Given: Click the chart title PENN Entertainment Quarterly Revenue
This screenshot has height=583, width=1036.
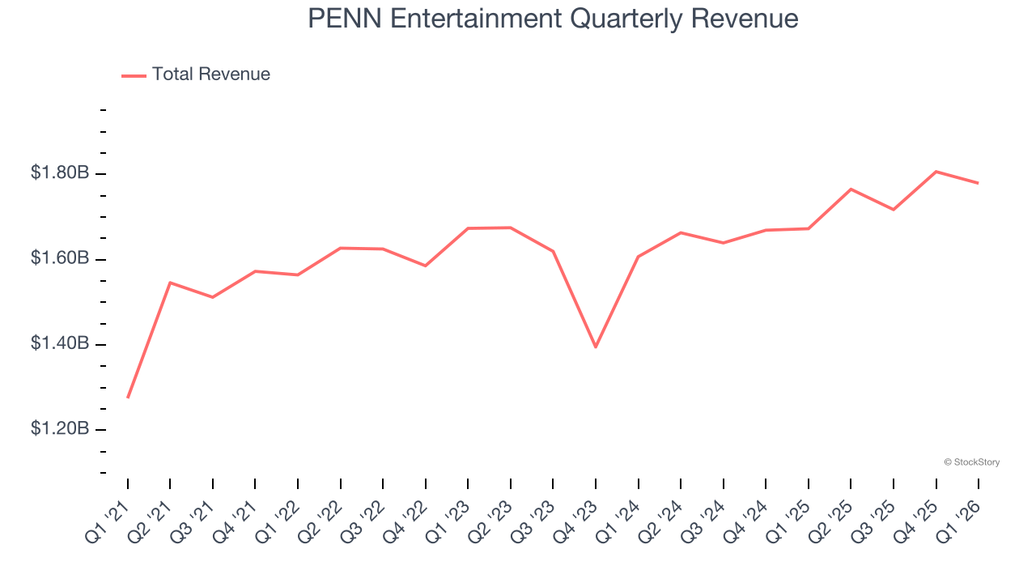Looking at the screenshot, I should (x=553, y=19).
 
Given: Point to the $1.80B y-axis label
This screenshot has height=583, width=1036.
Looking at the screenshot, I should (x=60, y=172).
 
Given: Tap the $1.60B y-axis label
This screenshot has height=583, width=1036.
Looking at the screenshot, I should (x=60, y=258).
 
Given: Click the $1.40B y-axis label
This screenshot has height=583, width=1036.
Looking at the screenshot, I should (x=60, y=343).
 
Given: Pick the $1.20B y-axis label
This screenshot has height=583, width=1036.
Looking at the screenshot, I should (x=60, y=428).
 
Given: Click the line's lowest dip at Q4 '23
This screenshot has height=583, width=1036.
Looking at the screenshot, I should (x=596, y=347).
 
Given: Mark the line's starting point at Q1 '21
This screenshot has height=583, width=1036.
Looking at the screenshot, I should (x=128, y=398).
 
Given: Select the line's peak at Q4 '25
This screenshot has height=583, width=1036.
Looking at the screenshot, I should (x=936, y=172).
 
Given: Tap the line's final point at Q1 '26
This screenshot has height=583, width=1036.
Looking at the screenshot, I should (x=979, y=183).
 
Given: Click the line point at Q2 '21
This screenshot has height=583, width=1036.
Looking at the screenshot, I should (x=170, y=283).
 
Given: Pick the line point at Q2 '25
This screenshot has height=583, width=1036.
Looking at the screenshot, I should (x=851, y=189).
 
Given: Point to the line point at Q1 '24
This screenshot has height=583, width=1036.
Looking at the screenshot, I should (x=639, y=257).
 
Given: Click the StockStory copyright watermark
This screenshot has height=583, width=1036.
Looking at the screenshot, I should (x=971, y=462).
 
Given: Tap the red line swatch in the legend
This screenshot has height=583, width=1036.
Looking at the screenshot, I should (x=134, y=75).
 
